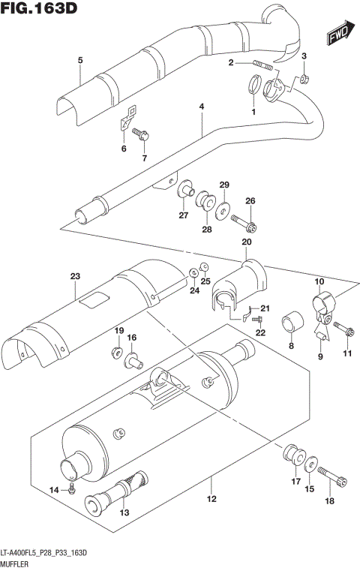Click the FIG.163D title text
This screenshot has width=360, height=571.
(40, 10)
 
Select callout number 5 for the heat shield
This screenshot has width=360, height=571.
(79, 60)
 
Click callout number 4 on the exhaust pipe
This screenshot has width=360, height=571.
(201, 107)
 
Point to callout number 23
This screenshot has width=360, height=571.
(74, 277)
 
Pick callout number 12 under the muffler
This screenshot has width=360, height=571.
(211, 499)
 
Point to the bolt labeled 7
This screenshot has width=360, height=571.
(142, 135)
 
